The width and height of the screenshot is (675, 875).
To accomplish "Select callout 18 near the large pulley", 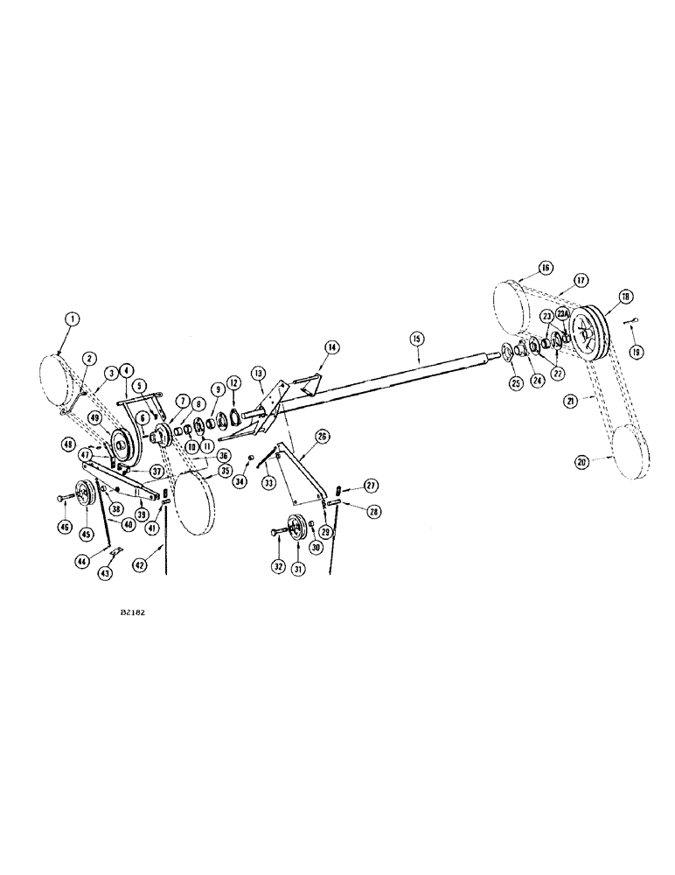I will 624,297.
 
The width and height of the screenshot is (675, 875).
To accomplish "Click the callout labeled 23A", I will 563,312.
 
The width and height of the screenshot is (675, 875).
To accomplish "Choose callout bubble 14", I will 309,347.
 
